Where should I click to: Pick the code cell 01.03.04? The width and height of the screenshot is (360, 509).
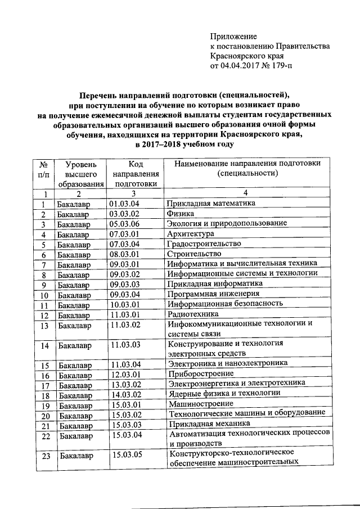[x=125, y=204]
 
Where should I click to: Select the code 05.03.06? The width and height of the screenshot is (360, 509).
[x=125, y=224]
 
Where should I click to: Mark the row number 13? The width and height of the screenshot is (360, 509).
[x=45, y=326]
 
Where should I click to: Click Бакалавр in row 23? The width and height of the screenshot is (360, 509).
[x=76, y=456]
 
